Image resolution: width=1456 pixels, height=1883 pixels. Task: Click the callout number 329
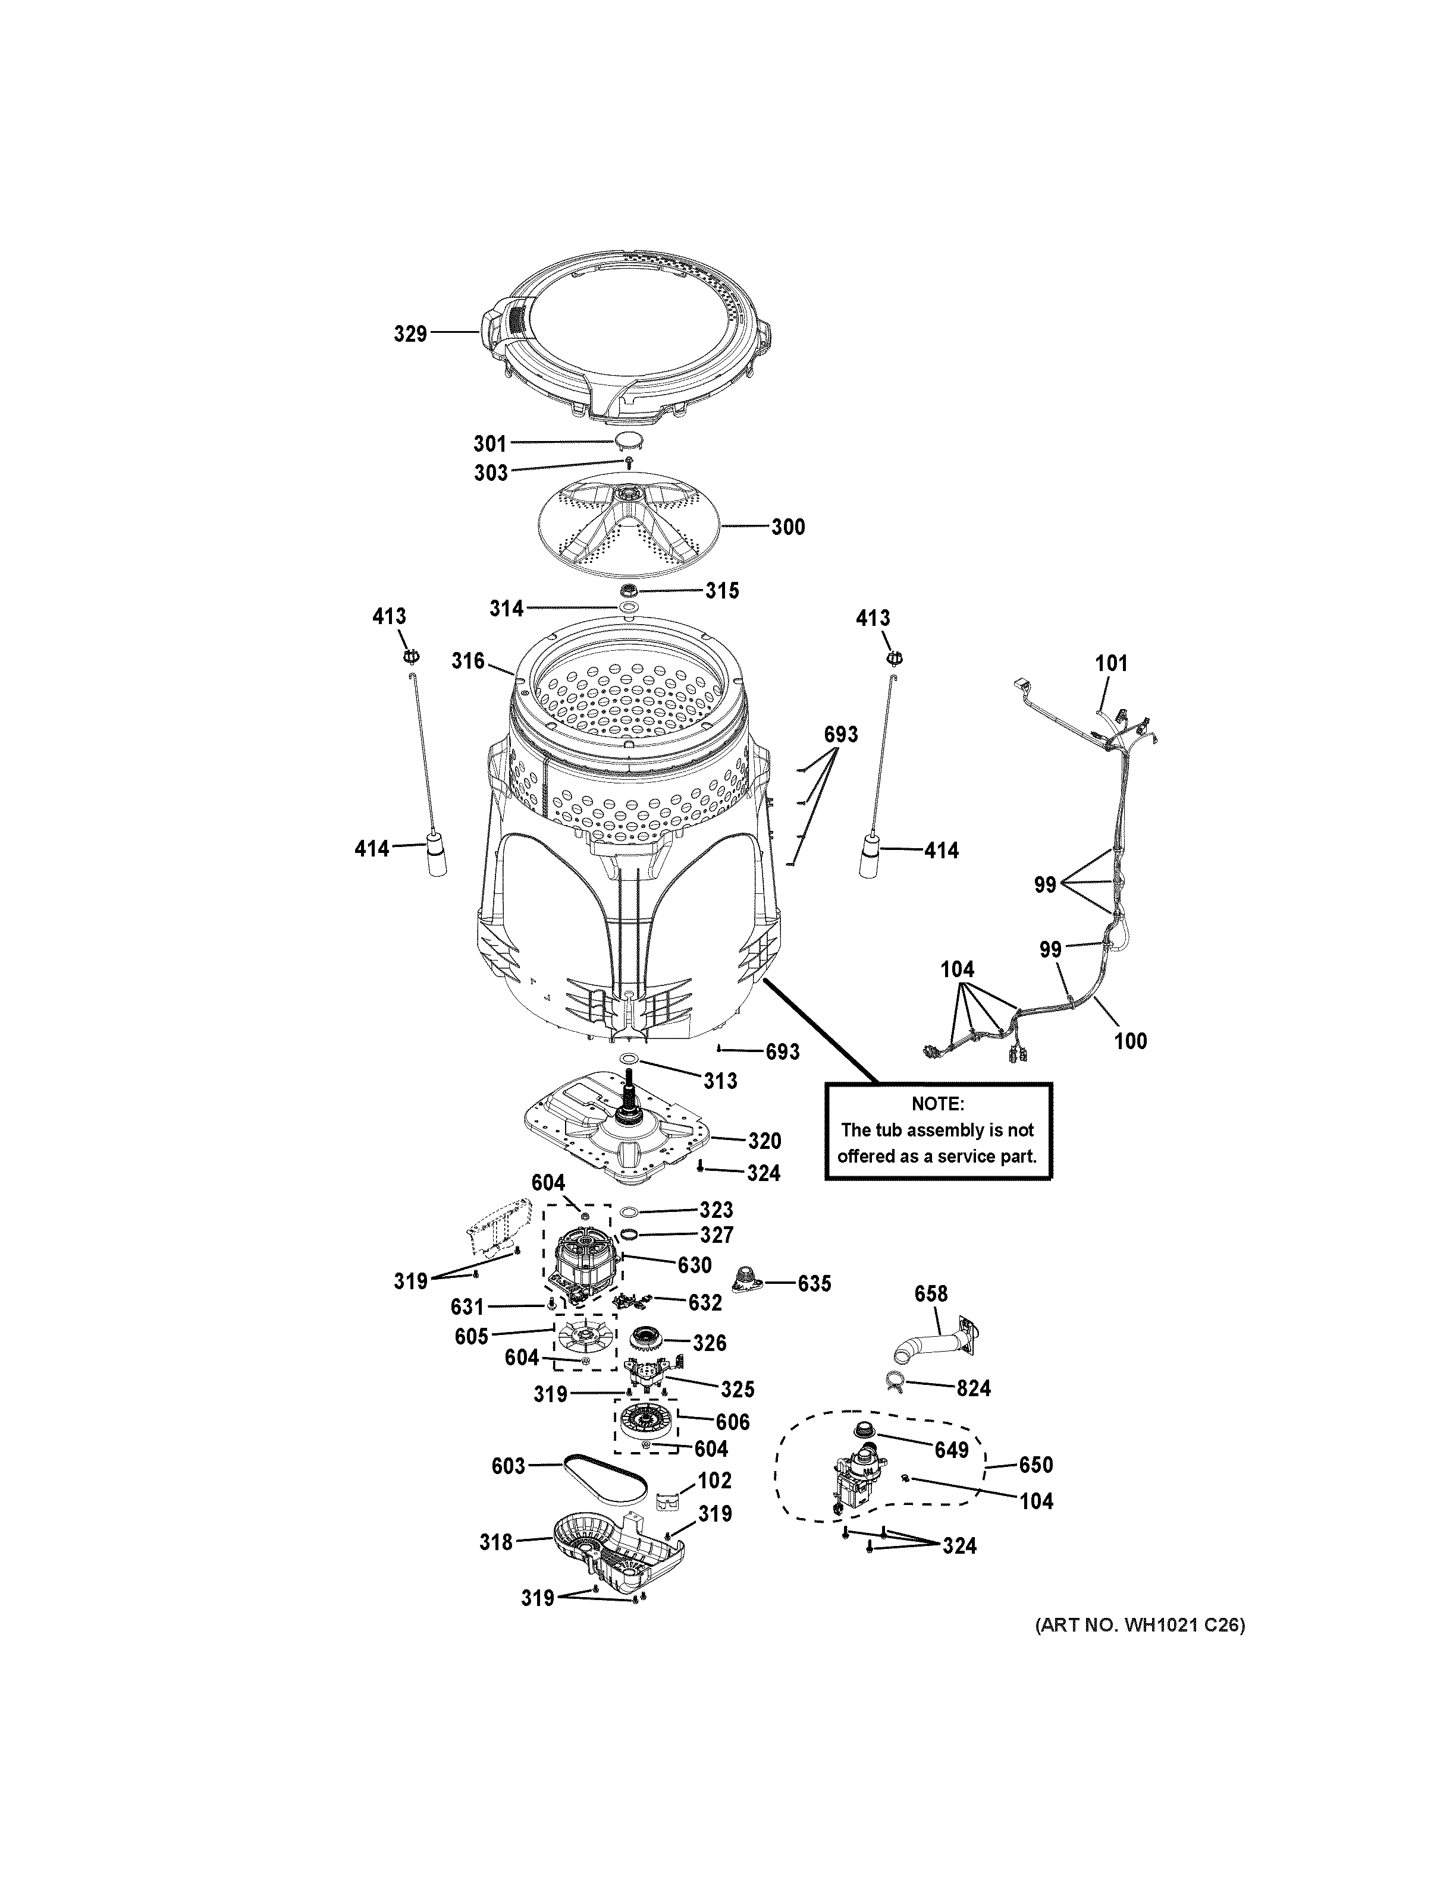[x=410, y=333]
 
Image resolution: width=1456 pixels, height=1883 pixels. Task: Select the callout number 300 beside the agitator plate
[x=787, y=527]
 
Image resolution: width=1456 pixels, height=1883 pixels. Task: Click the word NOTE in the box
[x=937, y=1104]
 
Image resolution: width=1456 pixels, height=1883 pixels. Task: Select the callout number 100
[x=1130, y=1041]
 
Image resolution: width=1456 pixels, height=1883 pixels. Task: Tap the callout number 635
[x=814, y=1284]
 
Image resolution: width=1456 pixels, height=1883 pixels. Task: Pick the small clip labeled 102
[x=665, y=1503]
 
